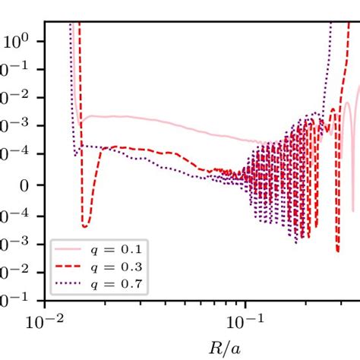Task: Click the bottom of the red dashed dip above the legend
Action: (x=84, y=226)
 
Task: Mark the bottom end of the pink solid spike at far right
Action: (x=352, y=210)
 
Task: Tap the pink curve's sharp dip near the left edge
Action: (x=80, y=127)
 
